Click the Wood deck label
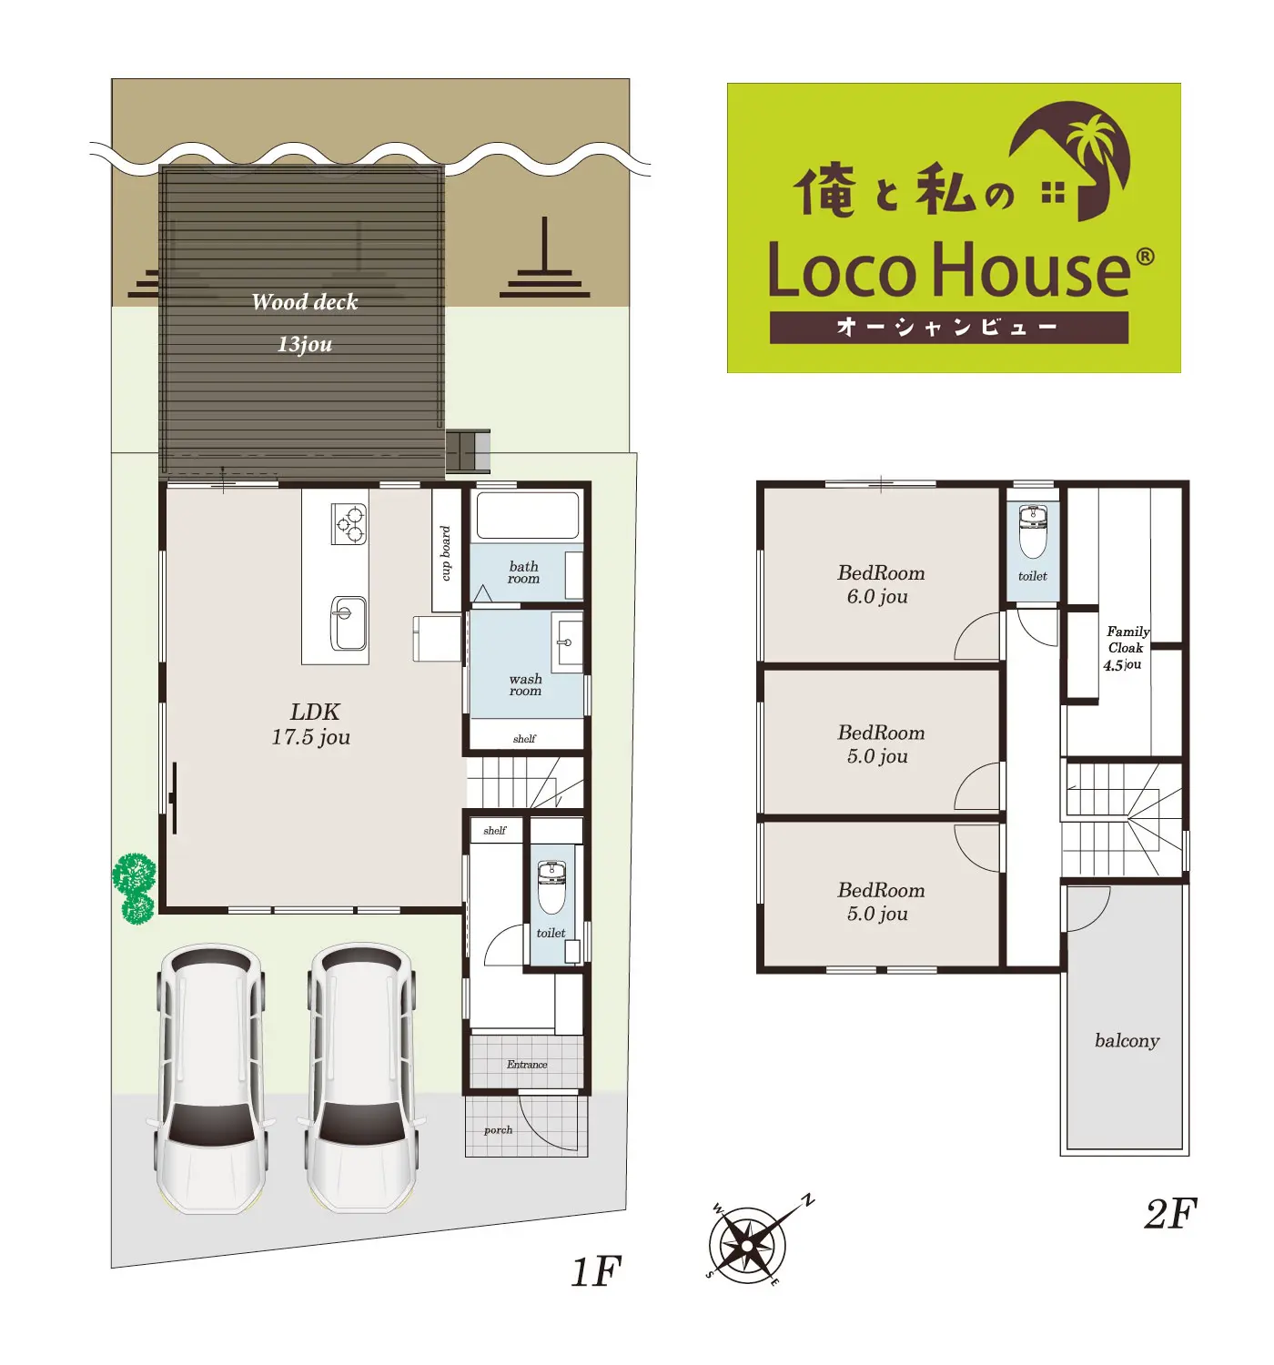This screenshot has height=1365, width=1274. (x=304, y=302)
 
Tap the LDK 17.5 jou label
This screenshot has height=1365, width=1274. (x=312, y=724)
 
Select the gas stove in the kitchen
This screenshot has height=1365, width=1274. (x=349, y=524)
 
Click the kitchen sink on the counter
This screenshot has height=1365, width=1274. (x=349, y=622)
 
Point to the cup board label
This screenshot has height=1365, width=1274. (x=446, y=553)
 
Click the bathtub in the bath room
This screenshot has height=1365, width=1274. (x=527, y=515)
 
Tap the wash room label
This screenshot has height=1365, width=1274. (x=525, y=684)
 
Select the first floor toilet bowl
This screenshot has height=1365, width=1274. (x=551, y=886)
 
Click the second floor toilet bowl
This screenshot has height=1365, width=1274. (x=1033, y=531)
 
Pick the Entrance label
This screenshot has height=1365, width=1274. (x=527, y=1064)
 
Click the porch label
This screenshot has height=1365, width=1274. (x=498, y=1130)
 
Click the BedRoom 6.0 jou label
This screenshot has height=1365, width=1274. (x=880, y=584)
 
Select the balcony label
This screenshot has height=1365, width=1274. (x=1127, y=1041)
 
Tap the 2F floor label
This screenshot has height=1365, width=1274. (x=1170, y=1213)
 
